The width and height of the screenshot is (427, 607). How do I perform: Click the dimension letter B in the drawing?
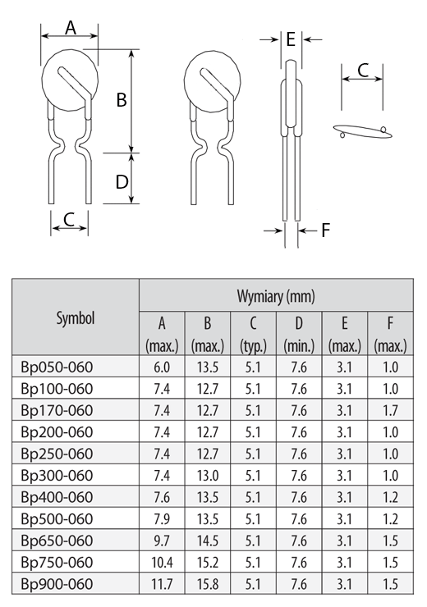pyautogui.click(x=122, y=99)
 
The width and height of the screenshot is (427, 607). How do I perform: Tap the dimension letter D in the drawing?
pyautogui.click(x=122, y=181)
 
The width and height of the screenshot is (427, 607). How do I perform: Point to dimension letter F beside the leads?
pyautogui.click(x=326, y=230)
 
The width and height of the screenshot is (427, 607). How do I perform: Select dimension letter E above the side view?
pyautogui.click(x=291, y=39)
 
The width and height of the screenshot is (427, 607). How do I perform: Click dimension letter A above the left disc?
pyautogui.click(x=71, y=28)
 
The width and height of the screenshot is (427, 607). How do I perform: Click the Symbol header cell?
pyautogui.click(x=76, y=317)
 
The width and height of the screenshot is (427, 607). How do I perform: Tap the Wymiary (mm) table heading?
pyautogui.click(x=276, y=296)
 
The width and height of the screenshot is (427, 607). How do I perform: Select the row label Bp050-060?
pyautogui.click(x=57, y=367)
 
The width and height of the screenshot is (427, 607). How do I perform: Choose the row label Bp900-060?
pyautogui.click(x=57, y=584)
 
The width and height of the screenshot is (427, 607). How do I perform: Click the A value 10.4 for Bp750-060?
pyautogui.click(x=162, y=562)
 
